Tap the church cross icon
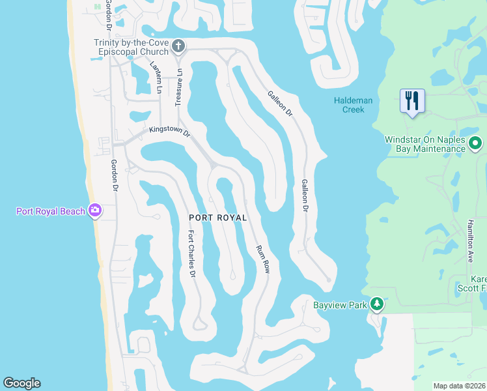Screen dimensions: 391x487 (x=179, y=46)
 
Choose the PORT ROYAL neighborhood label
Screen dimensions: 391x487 (x=218, y=218)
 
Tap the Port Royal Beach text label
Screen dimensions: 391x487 (x=50, y=210)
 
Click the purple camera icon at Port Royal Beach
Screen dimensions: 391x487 (x=95, y=210)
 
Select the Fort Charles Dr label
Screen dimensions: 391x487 (x=191, y=255)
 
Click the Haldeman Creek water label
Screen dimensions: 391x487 (x=354, y=104)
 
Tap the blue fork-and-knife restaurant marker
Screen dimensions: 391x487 (x=412, y=101)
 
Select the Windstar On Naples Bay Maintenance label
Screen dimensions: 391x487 (x=425, y=144)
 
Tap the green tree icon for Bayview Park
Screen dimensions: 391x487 (x=376, y=304)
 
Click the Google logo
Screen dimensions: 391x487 (x=21, y=383)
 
